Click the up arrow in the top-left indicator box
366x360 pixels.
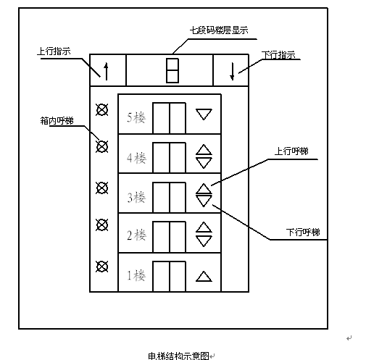tap(106, 71)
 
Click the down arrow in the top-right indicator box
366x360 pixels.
tap(232, 71)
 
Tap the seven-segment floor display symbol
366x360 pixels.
tap(172, 70)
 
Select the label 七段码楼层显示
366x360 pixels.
tap(219, 30)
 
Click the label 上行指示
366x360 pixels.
tap(54, 51)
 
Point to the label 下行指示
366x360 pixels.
tap(278, 55)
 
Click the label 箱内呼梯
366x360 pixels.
tap(57, 120)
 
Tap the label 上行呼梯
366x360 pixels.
tap(291, 151)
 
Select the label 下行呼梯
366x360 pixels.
tap(303, 233)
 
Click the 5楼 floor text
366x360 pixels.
tap(136, 118)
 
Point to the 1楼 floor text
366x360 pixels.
tap(136, 275)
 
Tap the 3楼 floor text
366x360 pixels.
tap(136, 197)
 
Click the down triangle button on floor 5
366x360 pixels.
tap(204, 114)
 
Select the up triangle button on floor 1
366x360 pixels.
tap(204, 277)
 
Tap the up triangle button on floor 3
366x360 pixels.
tap(204, 189)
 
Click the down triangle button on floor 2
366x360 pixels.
tap(204, 241)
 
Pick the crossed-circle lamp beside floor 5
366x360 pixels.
tap(101, 110)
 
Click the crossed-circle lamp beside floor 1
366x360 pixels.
tap(101, 267)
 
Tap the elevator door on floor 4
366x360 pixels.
tap(169, 158)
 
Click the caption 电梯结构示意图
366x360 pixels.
tap(178, 356)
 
